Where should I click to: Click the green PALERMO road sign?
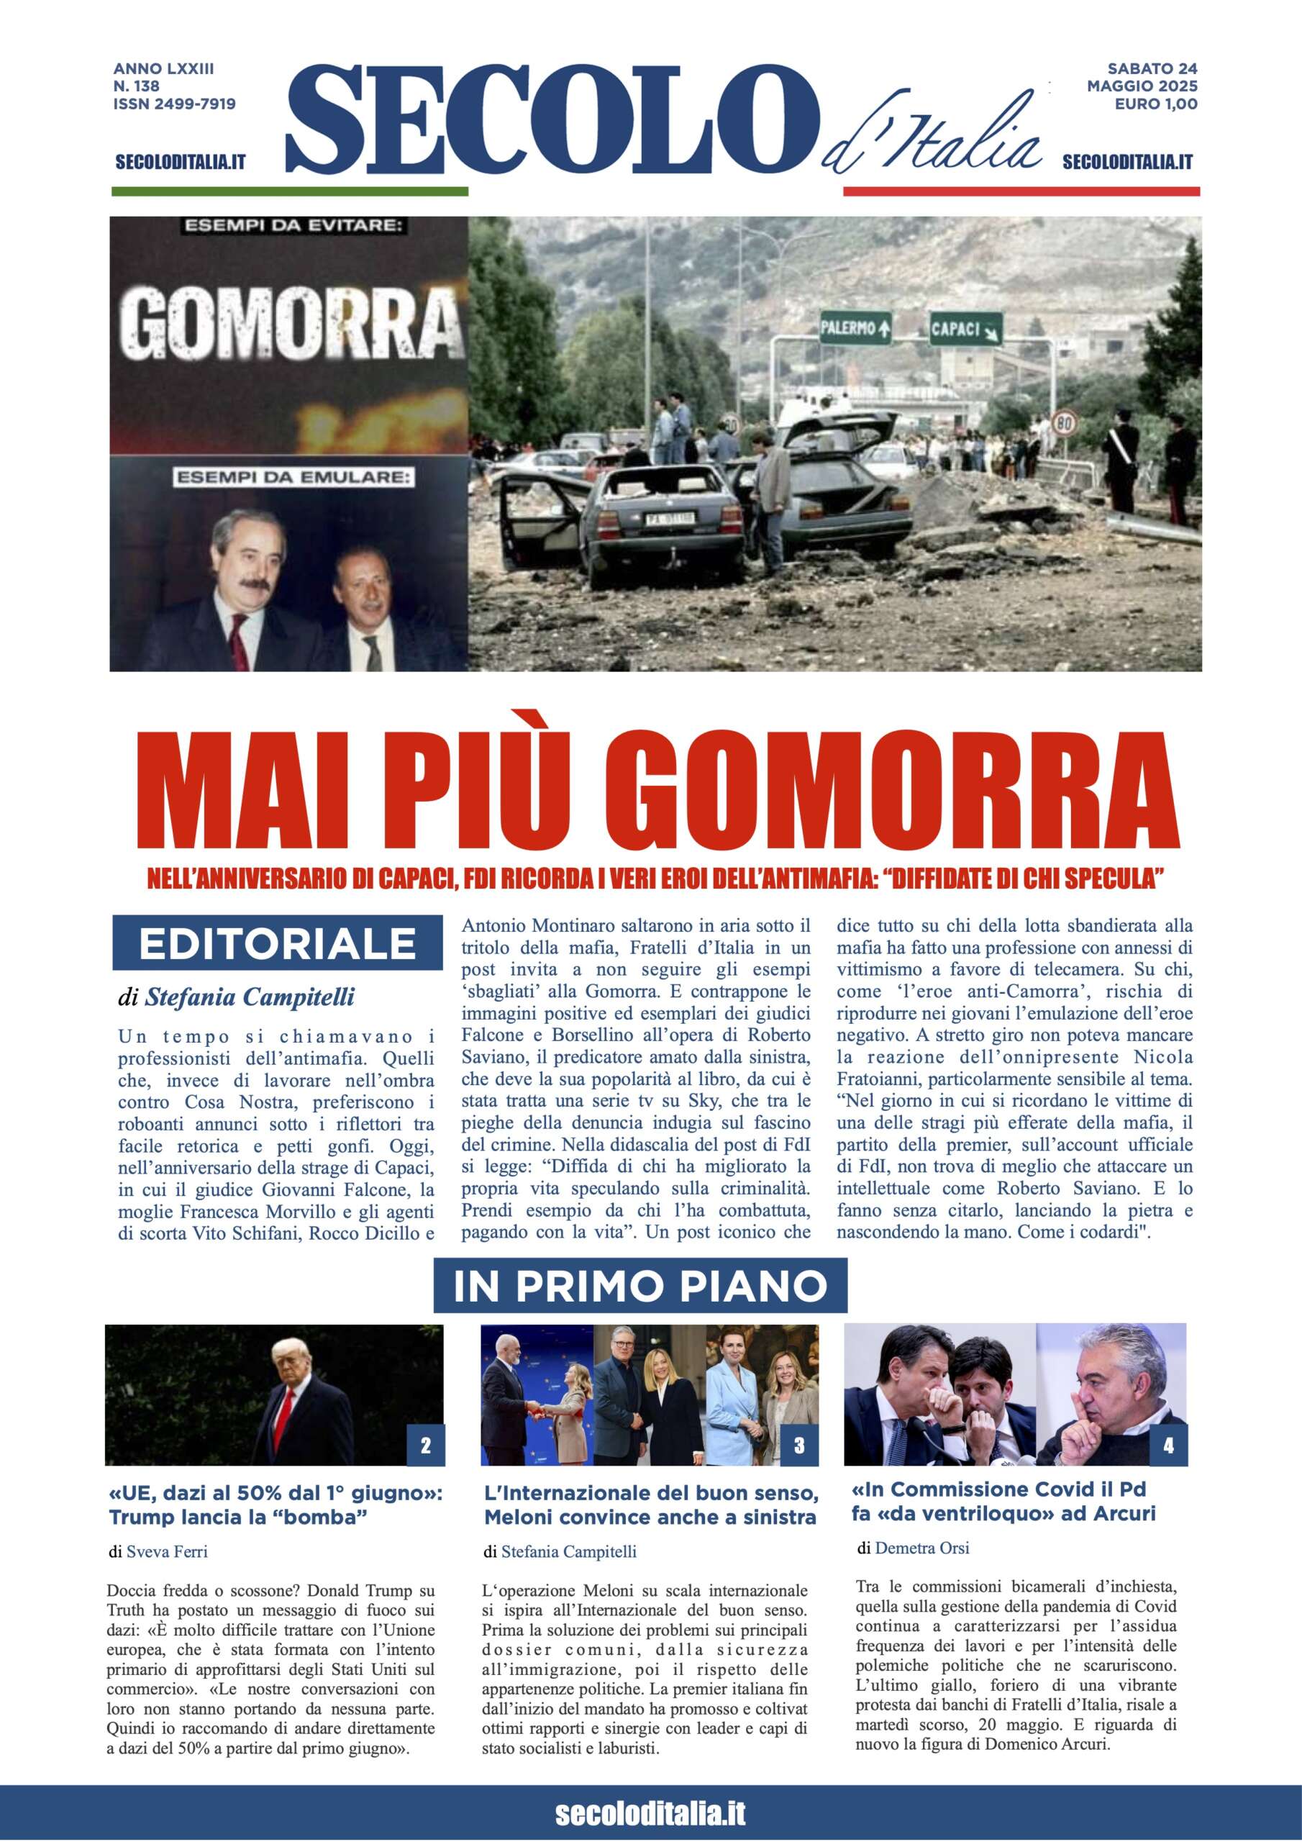point(855,327)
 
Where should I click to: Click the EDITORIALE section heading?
point(277,943)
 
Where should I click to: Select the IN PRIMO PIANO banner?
point(639,1285)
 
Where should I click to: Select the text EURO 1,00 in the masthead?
point(1155,104)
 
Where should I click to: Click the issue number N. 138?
point(137,86)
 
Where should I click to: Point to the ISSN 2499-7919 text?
point(174,104)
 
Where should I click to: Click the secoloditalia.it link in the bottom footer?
point(650,1813)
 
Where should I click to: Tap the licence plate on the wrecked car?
point(670,519)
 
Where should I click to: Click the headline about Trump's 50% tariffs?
point(276,1505)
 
